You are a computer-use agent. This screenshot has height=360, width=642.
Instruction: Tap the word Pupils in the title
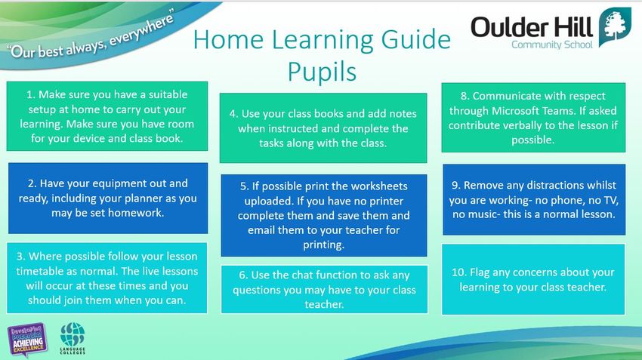pyautogui.click(x=322, y=72)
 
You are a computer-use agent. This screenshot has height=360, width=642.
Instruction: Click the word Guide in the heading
pyautogui.click(x=416, y=40)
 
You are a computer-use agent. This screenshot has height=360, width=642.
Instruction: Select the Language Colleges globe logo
pyautogui.click(x=73, y=338)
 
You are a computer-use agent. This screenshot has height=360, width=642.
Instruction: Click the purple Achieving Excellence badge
pyautogui.click(x=27, y=339)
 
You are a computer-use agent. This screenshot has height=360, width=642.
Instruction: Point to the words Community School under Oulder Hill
pyautogui.click(x=552, y=45)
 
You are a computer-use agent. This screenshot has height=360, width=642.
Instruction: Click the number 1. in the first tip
pyautogui.click(x=31, y=94)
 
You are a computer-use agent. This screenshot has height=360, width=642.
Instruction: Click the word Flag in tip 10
pyautogui.click(x=480, y=272)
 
